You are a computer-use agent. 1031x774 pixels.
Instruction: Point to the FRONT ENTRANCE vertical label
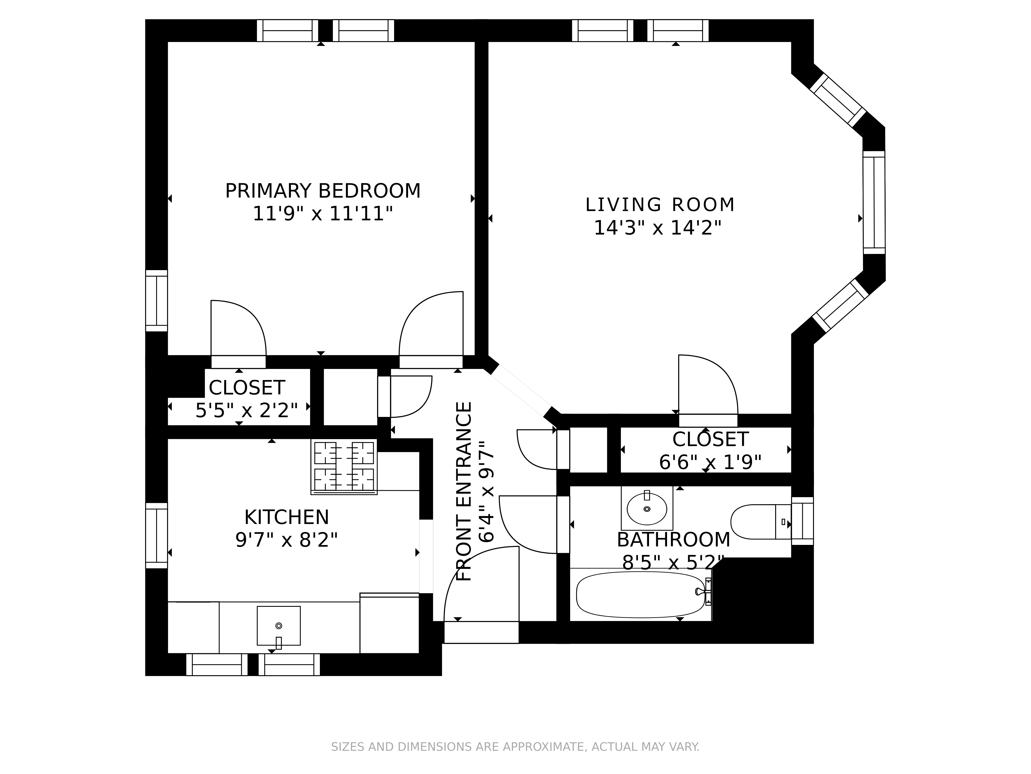(464, 491)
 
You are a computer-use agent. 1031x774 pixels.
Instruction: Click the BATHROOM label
(674, 540)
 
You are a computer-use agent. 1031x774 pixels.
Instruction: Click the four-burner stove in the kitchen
(344, 466)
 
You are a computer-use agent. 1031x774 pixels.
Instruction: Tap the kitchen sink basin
(279, 626)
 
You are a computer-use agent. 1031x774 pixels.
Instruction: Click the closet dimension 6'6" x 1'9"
(710, 462)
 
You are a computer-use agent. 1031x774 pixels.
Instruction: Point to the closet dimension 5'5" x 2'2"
(247, 410)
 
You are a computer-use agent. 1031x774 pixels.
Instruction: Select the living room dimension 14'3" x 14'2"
(658, 228)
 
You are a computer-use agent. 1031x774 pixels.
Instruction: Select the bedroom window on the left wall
(157, 301)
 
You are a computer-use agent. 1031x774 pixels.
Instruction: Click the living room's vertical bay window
(874, 203)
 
